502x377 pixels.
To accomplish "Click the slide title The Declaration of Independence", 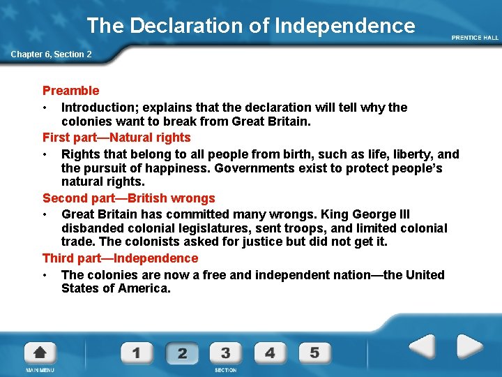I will tap(250, 26).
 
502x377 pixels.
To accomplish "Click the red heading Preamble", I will tap(71, 91).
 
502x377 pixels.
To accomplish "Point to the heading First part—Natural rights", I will tap(116, 138).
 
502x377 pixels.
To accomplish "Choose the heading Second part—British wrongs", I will tap(129, 199).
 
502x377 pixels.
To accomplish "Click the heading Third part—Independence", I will tap(121, 258).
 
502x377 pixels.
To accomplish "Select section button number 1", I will tap(136, 353).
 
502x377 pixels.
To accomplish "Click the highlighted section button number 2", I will tap(181, 353).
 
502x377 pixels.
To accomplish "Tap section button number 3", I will tap(225, 353).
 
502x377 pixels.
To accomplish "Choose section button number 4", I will tap(270, 353).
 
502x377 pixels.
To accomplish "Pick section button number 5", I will tap(314, 353).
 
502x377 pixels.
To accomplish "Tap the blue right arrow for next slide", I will tap(469, 347).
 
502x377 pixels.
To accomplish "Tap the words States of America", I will tap(116, 288).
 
